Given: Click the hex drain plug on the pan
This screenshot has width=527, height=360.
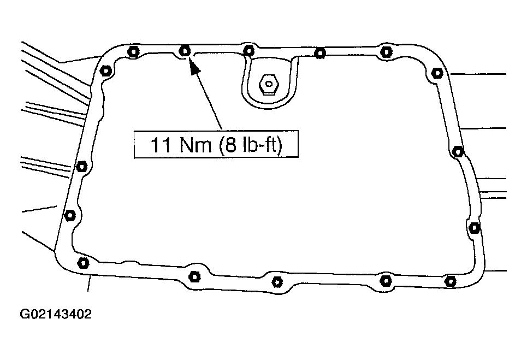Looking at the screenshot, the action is pos(268,84).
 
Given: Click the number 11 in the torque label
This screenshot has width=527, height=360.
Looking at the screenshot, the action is pos(160,145).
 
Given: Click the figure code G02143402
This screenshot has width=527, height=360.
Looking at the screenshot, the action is pos(56,314).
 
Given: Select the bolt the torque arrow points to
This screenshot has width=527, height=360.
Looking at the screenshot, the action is pos(185,51).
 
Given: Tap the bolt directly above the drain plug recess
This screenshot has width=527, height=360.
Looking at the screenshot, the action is pos(248,51).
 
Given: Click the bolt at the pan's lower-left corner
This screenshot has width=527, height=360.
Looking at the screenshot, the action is pos(83,263).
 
